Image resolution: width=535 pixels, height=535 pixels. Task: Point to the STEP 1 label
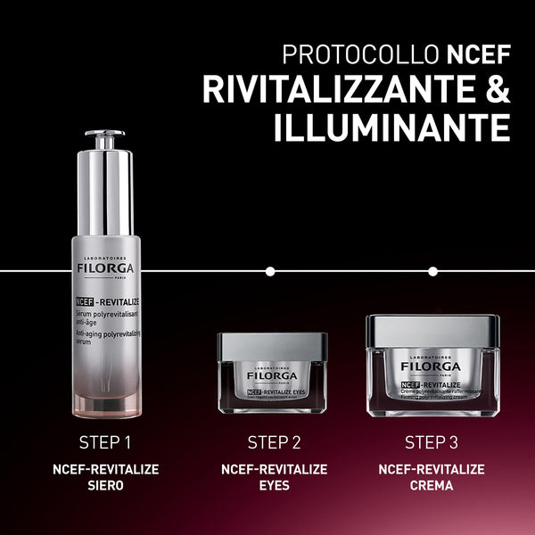tap(104, 442)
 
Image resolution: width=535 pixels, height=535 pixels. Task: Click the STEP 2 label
tap(274, 442)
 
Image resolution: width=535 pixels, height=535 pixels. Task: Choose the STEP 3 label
tap(432, 442)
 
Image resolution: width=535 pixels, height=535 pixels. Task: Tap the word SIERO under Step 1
tap(104, 486)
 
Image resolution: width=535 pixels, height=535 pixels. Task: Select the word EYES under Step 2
tap(274, 486)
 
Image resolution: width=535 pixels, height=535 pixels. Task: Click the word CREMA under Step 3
tap(432, 486)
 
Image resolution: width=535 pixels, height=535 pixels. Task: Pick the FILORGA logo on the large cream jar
tap(432, 366)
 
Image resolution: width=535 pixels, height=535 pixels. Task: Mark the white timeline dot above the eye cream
tap(270, 270)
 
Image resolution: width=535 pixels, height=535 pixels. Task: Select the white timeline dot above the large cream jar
tap(432, 270)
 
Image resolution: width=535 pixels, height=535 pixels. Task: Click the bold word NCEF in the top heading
tap(480, 54)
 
